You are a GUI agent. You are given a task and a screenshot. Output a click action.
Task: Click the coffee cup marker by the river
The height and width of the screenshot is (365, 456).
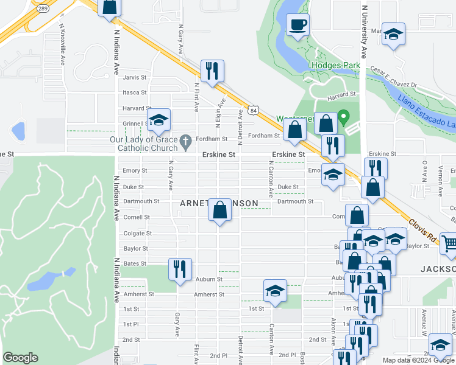tap(297, 25)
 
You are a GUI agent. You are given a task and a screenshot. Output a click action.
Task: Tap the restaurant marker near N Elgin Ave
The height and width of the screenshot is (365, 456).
tap(212, 71)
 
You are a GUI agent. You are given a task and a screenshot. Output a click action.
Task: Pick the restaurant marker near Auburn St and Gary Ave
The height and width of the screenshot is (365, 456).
tap(180, 269)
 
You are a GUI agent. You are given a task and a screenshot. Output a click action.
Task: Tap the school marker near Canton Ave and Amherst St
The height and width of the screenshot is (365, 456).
tap(275, 291)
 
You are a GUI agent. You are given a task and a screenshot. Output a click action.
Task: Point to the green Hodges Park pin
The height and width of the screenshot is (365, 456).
tap(343, 116)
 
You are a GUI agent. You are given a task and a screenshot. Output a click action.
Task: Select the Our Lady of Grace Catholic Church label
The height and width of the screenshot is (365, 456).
tap(143, 144)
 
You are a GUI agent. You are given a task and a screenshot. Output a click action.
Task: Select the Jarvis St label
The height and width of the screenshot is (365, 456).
tap(135, 78)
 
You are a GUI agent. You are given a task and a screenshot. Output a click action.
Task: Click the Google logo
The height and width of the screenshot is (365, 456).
tap(20, 358)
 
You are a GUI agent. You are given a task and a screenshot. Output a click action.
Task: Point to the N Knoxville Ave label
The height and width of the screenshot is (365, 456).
tap(62, 44)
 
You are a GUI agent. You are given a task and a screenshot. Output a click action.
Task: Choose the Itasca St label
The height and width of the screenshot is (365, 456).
tap(135, 92)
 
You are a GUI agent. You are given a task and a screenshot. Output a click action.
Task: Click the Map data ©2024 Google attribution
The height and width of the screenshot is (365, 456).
tap(418, 360)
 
